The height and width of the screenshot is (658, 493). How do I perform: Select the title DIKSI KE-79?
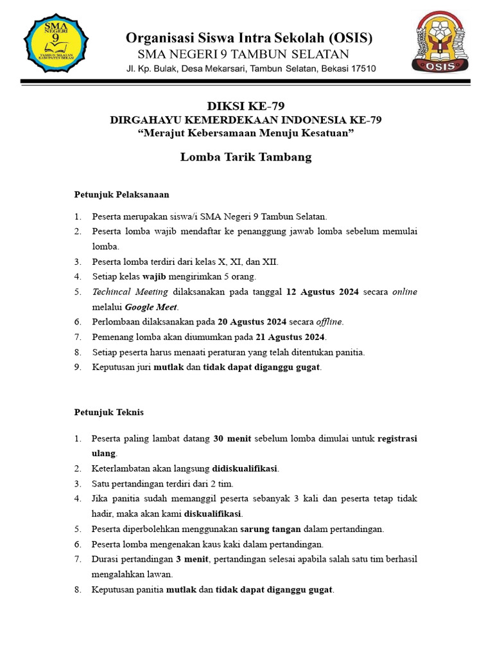pyautogui.click(x=246, y=107)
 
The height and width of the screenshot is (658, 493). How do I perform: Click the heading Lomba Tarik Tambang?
pyautogui.click(x=246, y=157)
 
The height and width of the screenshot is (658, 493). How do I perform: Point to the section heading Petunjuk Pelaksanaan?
pyautogui.click(x=121, y=193)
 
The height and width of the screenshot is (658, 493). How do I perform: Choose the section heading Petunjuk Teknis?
pyautogui.click(x=109, y=412)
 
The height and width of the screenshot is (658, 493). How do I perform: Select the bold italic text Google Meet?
pyautogui.click(x=151, y=307)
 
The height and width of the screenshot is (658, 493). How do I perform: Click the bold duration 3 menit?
pyautogui.click(x=193, y=560)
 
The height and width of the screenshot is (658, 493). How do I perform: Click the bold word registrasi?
pyautogui.click(x=397, y=439)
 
